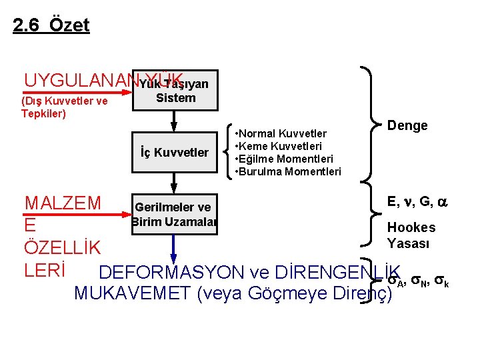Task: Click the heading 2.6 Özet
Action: tap(51, 26)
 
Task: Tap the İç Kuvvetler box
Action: tap(175, 153)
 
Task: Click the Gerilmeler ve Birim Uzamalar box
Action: tap(173, 215)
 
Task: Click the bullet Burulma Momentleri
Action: tap(289, 171)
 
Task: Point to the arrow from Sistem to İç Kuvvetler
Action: tap(173, 120)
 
